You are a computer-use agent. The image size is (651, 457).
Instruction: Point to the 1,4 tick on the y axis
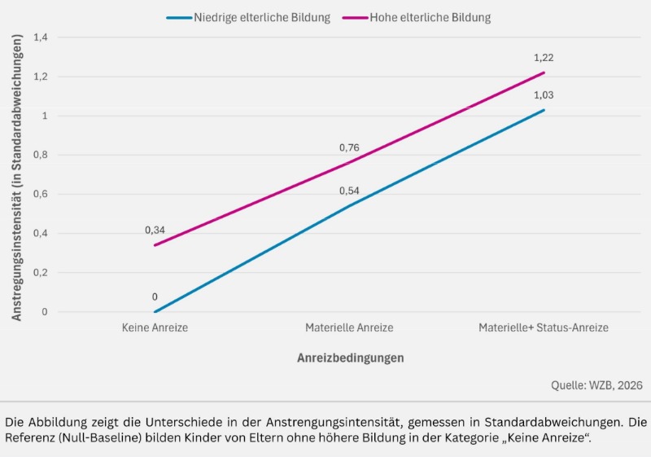[x=41, y=37]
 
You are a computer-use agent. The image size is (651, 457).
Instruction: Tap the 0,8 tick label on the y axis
[x=41, y=155]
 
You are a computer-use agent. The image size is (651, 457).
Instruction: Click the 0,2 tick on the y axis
[x=41, y=273]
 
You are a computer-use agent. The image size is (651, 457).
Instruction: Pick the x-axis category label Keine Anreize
[x=155, y=327]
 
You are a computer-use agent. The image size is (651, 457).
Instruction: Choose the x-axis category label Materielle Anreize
[x=349, y=327]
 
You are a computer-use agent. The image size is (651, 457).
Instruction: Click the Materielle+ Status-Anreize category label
[x=544, y=327]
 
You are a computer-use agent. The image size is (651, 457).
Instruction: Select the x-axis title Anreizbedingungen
[x=350, y=358]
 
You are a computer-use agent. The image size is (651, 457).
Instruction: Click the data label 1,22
[x=544, y=58]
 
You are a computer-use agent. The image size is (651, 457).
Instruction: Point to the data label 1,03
[x=544, y=95]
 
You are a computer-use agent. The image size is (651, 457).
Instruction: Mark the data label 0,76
[x=349, y=148]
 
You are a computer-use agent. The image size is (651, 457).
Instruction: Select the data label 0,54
[x=349, y=191]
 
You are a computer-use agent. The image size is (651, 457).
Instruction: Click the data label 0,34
[x=155, y=231]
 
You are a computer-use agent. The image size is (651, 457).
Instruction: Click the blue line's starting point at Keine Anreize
[x=155, y=312]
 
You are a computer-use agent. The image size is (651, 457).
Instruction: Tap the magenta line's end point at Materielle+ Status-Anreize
[x=544, y=73]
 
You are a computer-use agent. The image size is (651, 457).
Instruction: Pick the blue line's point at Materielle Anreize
[x=349, y=206]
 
